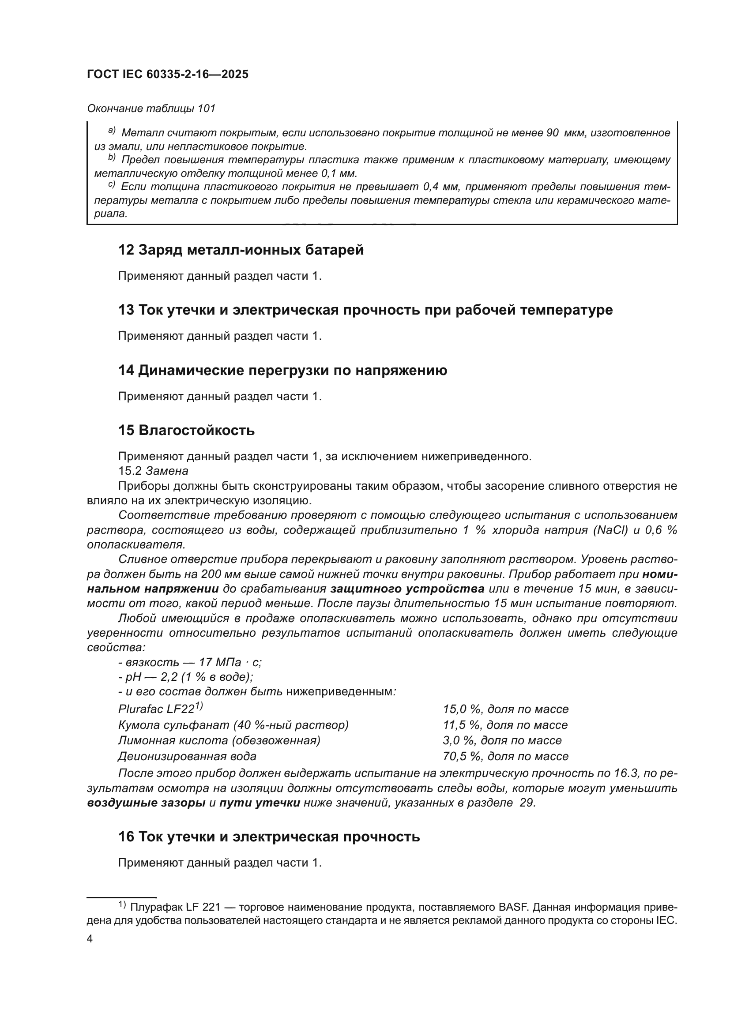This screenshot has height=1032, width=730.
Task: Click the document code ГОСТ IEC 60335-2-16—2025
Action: coord(168,75)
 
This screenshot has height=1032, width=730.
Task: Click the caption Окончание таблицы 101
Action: coord(151,109)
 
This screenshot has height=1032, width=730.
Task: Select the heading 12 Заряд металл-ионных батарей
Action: coord(241,250)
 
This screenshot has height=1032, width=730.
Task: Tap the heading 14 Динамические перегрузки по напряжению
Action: coord(283,370)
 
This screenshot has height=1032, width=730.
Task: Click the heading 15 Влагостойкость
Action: coord(187,431)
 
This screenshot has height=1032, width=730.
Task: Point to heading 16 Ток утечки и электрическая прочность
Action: coord(269,837)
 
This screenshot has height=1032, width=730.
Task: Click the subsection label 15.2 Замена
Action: coord(153,471)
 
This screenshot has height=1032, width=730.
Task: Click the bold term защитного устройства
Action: coord(407,589)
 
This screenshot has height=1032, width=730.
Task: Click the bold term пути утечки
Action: coord(260,803)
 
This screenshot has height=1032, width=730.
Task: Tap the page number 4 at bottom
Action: coord(90,939)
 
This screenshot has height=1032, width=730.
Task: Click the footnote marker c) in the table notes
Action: coord(112,185)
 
